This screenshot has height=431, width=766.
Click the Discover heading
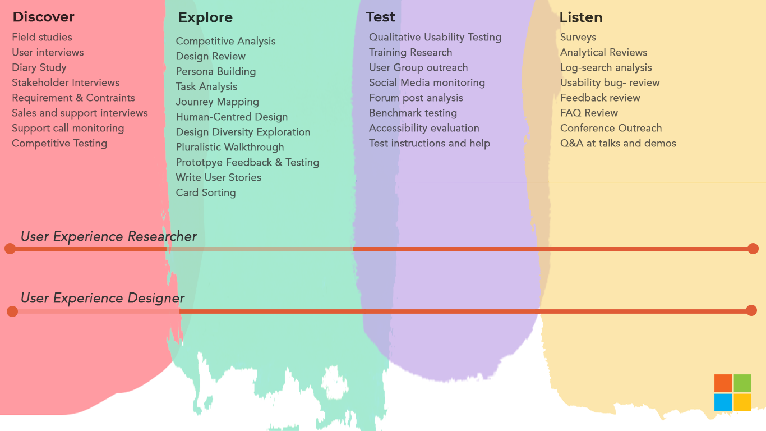click(43, 17)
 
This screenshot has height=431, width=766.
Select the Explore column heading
click(206, 17)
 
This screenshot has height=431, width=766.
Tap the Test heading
click(380, 17)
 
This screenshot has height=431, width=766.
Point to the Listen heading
click(581, 17)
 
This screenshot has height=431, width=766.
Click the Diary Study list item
click(39, 67)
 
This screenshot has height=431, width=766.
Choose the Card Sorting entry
click(206, 192)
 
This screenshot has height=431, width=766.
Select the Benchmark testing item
click(413, 113)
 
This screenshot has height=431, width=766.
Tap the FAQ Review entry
click(589, 113)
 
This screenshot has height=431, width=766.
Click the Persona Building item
click(216, 71)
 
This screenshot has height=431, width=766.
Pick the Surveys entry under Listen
click(578, 37)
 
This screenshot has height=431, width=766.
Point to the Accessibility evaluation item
click(424, 128)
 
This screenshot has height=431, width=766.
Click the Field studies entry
click(42, 37)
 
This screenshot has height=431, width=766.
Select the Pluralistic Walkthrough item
click(230, 147)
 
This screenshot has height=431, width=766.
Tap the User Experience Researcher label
click(109, 236)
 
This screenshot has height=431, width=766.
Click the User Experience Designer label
click(103, 298)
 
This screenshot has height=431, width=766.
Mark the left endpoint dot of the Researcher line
click(10, 249)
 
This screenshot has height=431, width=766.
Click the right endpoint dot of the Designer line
click(751, 310)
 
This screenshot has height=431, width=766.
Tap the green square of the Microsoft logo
click(742, 383)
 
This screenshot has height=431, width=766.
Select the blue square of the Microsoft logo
click(723, 402)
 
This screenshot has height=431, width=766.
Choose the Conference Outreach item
click(611, 128)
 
